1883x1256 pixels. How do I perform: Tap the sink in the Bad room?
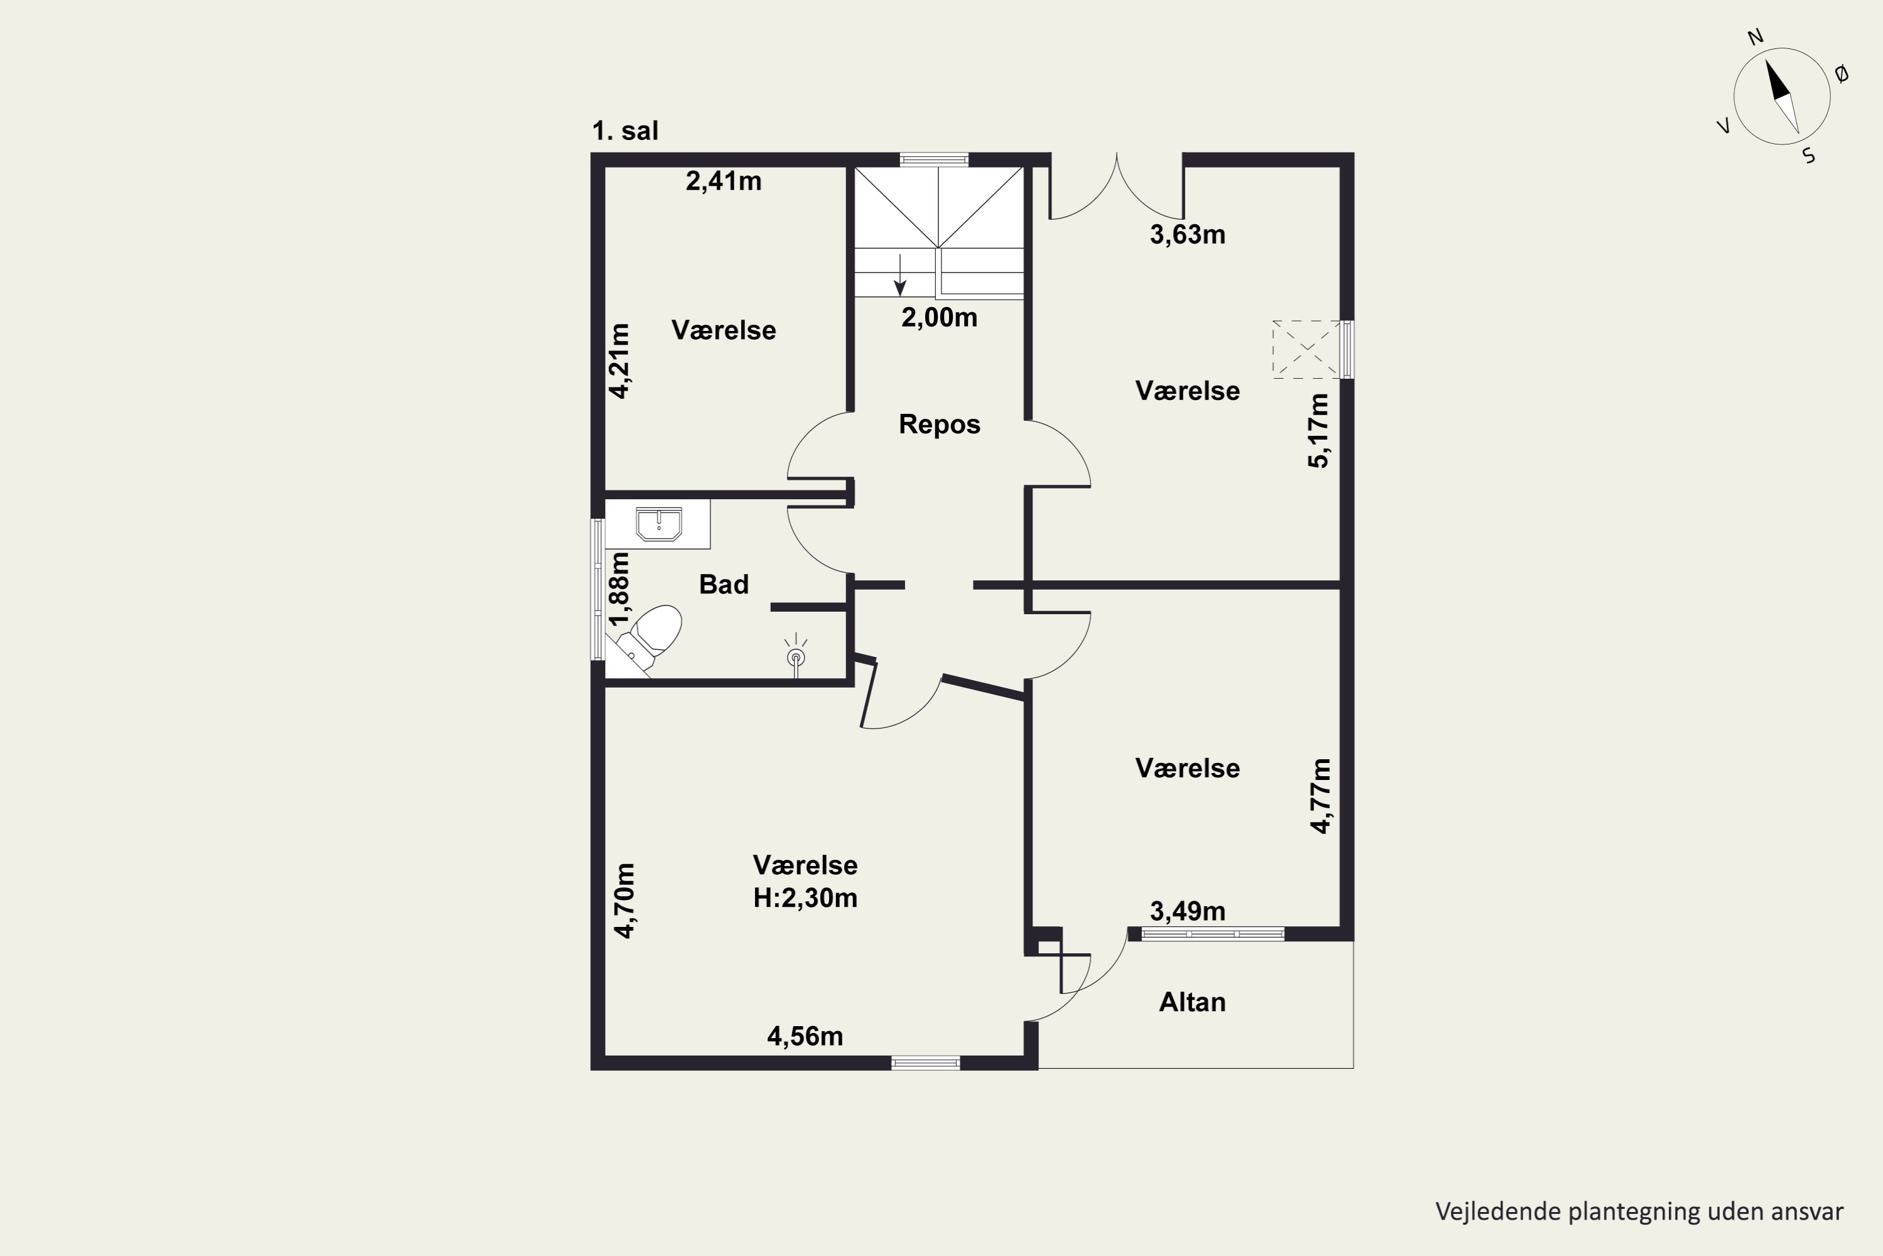[x=658, y=524]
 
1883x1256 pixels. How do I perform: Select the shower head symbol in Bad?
[x=796, y=655]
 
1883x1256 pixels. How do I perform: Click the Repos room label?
[x=939, y=424]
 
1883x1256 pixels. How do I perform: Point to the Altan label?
[x=1192, y=1002]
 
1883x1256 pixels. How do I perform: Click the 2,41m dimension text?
[x=723, y=181]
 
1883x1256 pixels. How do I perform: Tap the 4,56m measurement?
[x=805, y=1037]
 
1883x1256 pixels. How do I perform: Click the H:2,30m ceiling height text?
[x=805, y=898]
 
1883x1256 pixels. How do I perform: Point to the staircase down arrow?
[x=900, y=276]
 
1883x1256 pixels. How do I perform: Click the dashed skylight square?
[x=1306, y=349]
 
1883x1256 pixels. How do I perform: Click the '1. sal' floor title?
[x=625, y=131]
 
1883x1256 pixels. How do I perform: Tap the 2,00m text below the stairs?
[x=939, y=318]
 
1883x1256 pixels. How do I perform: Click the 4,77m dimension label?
[x=1320, y=796]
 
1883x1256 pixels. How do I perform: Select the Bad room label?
[x=724, y=585]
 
